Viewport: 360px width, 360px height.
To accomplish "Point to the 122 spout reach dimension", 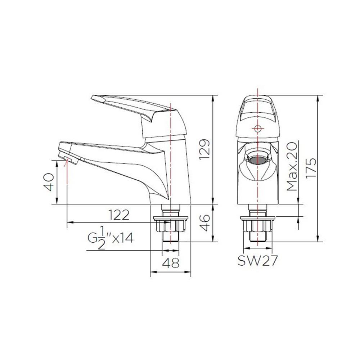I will pyautogui.click(x=118, y=215).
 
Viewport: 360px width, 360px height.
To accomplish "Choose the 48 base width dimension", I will pyautogui.click(x=170, y=264).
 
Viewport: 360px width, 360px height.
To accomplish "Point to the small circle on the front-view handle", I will pyautogui.click(x=258, y=129).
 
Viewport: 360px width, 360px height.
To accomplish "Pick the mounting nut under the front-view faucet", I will pyautogui.click(x=258, y=224).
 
